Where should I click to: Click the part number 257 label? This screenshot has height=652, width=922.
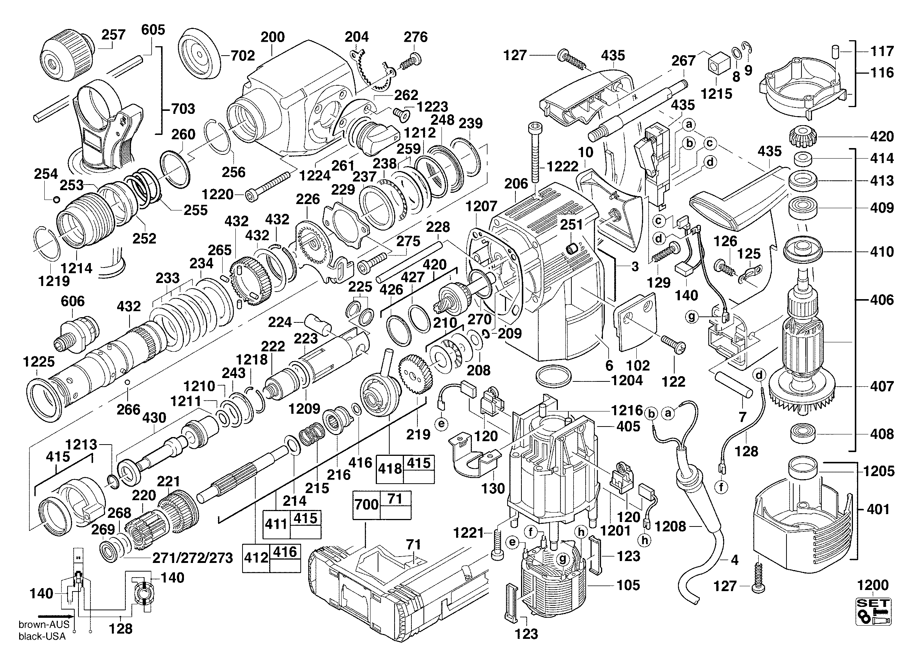(113, 35)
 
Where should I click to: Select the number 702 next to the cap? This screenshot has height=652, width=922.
(243, 56)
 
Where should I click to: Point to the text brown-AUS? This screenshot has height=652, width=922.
(44, 624)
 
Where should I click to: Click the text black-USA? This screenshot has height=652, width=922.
(42, 636)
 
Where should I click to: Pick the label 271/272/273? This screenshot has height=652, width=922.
(192, 558)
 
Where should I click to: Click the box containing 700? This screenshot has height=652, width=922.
(367, 504)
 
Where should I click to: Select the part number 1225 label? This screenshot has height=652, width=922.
(39, 362)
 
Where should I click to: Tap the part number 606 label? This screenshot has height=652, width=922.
(73, 301)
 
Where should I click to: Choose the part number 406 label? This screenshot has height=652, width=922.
(882, 300)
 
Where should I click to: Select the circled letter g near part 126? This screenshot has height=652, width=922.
(691, 317)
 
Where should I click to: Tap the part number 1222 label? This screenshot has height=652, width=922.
(562, 166)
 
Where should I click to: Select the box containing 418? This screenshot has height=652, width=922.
(390, 469)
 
